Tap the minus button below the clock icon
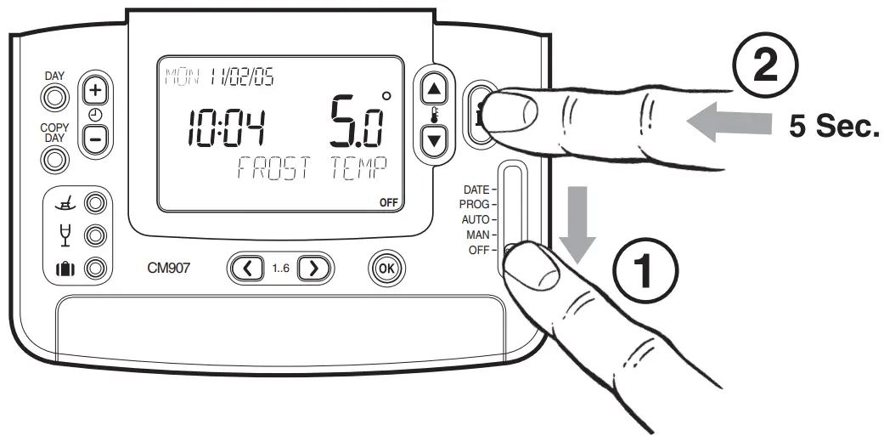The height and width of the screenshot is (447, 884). pyautogui.click(x=96, y=137)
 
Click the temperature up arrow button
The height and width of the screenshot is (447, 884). pyautogui.click(x=434, y=88)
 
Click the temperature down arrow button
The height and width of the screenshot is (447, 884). pyautogui.click(x=434, y=139)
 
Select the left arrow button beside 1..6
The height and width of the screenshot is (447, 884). pyautogui.click(x=247, y=268)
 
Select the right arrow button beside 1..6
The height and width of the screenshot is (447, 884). pyautogui.click(x=313, y=268)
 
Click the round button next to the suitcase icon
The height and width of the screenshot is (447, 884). pyautogui.click(x=96, y=269)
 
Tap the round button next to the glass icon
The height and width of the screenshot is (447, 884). pyautogui.click(x=96, y=235)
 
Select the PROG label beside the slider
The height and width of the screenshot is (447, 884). pyautogui.click(x=474, y=205)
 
